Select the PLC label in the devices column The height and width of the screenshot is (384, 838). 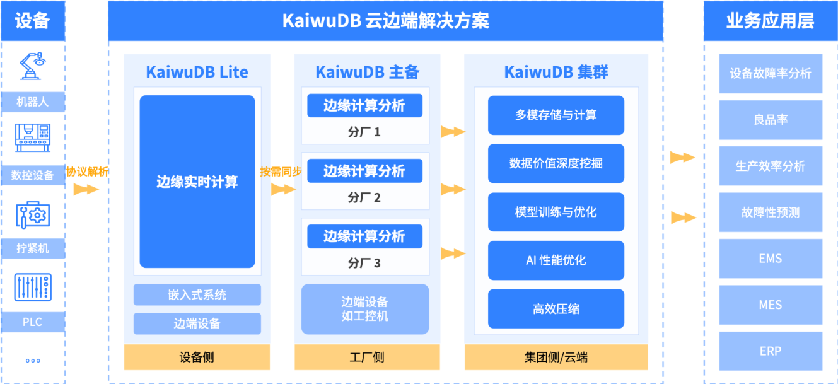(x=32, y=322)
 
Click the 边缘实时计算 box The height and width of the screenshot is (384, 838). (x=197, y=182)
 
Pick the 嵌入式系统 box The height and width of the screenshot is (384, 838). (x=197, y=294)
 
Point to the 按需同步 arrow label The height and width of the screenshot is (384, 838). (x=281, y=171)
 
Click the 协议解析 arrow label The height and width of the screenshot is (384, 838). (x=87, y=171)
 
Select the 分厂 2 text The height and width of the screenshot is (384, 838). (x=364, y=198)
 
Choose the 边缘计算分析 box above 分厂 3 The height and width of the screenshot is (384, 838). (x=364, y=236)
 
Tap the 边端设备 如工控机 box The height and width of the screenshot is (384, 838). (x=364, y=309)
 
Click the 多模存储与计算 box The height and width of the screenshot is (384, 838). (x=556, y=115)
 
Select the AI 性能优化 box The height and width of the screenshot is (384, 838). (x=556, y=260)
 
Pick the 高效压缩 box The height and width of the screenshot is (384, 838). (x=556, y=309)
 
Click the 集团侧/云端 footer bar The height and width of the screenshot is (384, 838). (x=556, y=358)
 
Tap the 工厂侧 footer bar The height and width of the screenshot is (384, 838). (x=366, y=358)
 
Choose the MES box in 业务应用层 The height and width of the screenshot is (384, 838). (x=771, y=305)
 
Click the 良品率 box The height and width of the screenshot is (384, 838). (x=771, y=120)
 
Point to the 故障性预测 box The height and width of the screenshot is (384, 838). (x=771, y=212)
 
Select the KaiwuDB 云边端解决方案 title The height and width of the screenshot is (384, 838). (x=385, y=21)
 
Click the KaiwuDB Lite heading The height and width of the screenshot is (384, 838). (x=197, y=72)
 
